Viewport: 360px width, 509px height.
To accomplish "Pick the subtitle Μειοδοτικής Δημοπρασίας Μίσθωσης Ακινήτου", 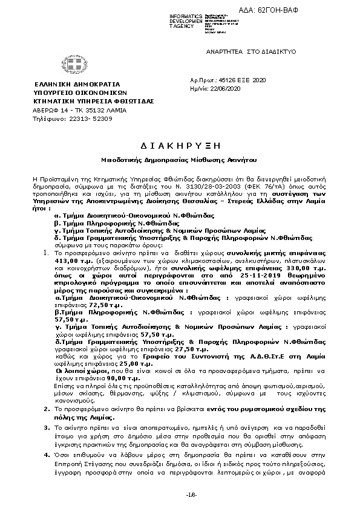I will (x=179, y=162).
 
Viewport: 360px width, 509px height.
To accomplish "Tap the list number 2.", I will (x=47, y=392).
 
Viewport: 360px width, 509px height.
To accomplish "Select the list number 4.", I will (x=47, y=452).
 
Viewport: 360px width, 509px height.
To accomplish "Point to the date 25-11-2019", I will (x=257, y=274).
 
